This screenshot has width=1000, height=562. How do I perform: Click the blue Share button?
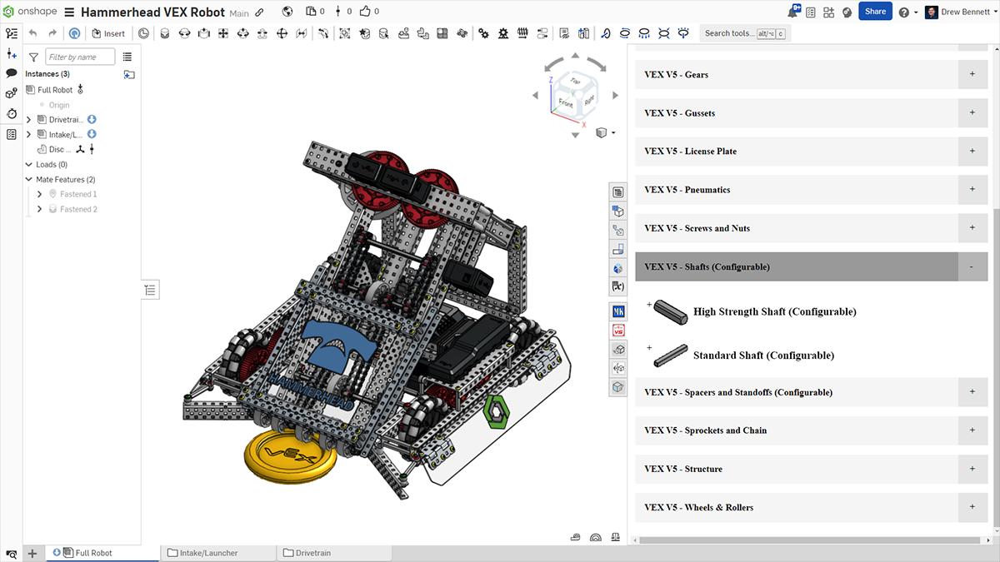pos(875,12)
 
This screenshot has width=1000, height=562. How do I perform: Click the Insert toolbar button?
pos(108,33)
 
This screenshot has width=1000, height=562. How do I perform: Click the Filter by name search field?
pos(80,57)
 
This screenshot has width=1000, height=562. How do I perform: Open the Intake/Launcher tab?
pos(208,553)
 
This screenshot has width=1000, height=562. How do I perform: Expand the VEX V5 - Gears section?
pos(972,74)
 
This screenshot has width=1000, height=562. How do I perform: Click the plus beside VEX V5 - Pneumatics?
pos(972,190)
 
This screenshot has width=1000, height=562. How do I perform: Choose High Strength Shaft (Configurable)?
pos(774,311)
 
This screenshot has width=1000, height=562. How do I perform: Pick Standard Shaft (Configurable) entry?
pos(763,356)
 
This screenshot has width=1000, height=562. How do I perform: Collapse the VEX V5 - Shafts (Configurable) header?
pos(971,267)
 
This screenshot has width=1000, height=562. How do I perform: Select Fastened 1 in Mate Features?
pos(77,194)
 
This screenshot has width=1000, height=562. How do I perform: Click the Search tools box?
pos(728,33)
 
